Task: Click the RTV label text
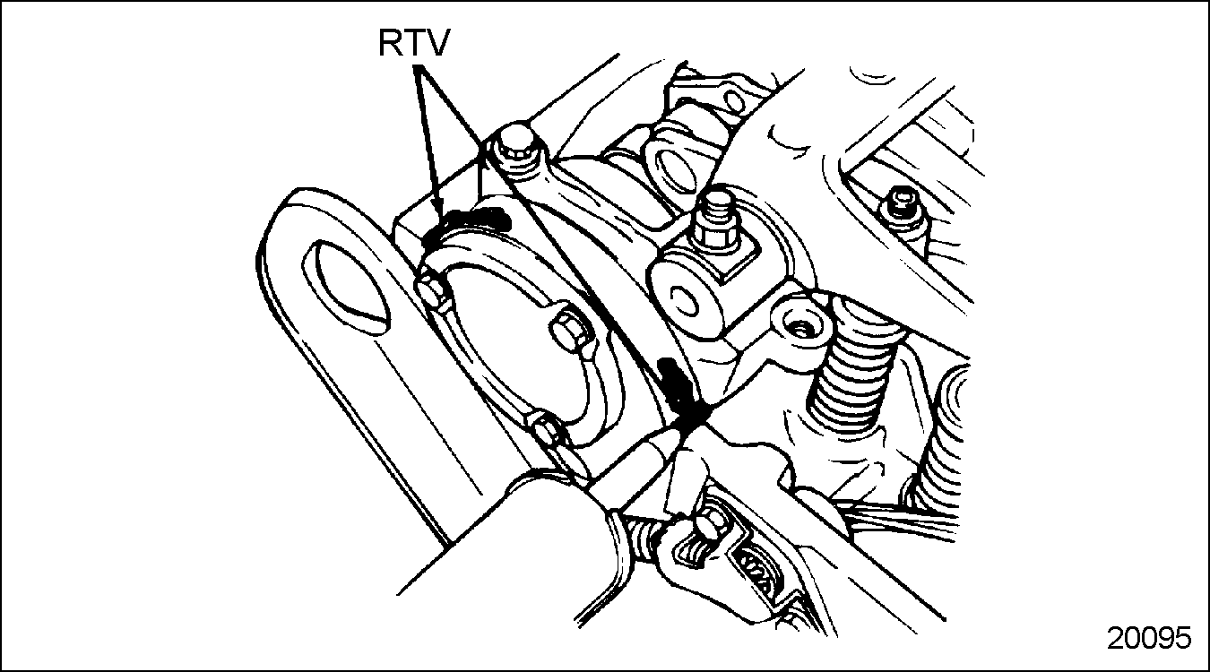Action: pos(413,42)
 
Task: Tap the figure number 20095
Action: pos(1148,638)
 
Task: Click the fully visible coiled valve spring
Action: pos(851,367)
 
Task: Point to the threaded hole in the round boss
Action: pos(800,328)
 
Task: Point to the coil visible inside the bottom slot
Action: pos(757,565)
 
